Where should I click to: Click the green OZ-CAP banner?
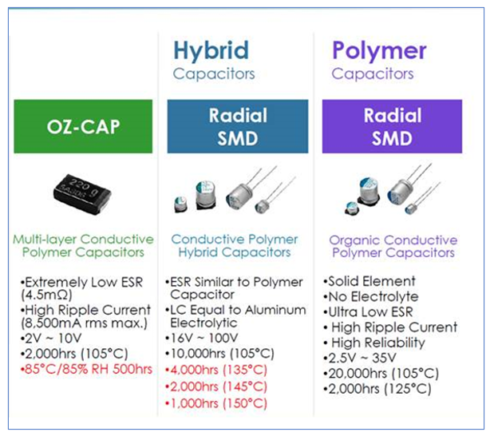point(83,127)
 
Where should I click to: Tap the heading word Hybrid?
point(211,50)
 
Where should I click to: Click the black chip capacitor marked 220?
point(81,191)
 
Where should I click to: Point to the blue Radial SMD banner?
point(237,126)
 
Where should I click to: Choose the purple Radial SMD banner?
point(392,126)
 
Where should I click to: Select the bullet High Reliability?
point(377,343)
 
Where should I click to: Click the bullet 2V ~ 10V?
point(52,338)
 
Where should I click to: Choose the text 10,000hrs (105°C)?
point(222,353)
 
